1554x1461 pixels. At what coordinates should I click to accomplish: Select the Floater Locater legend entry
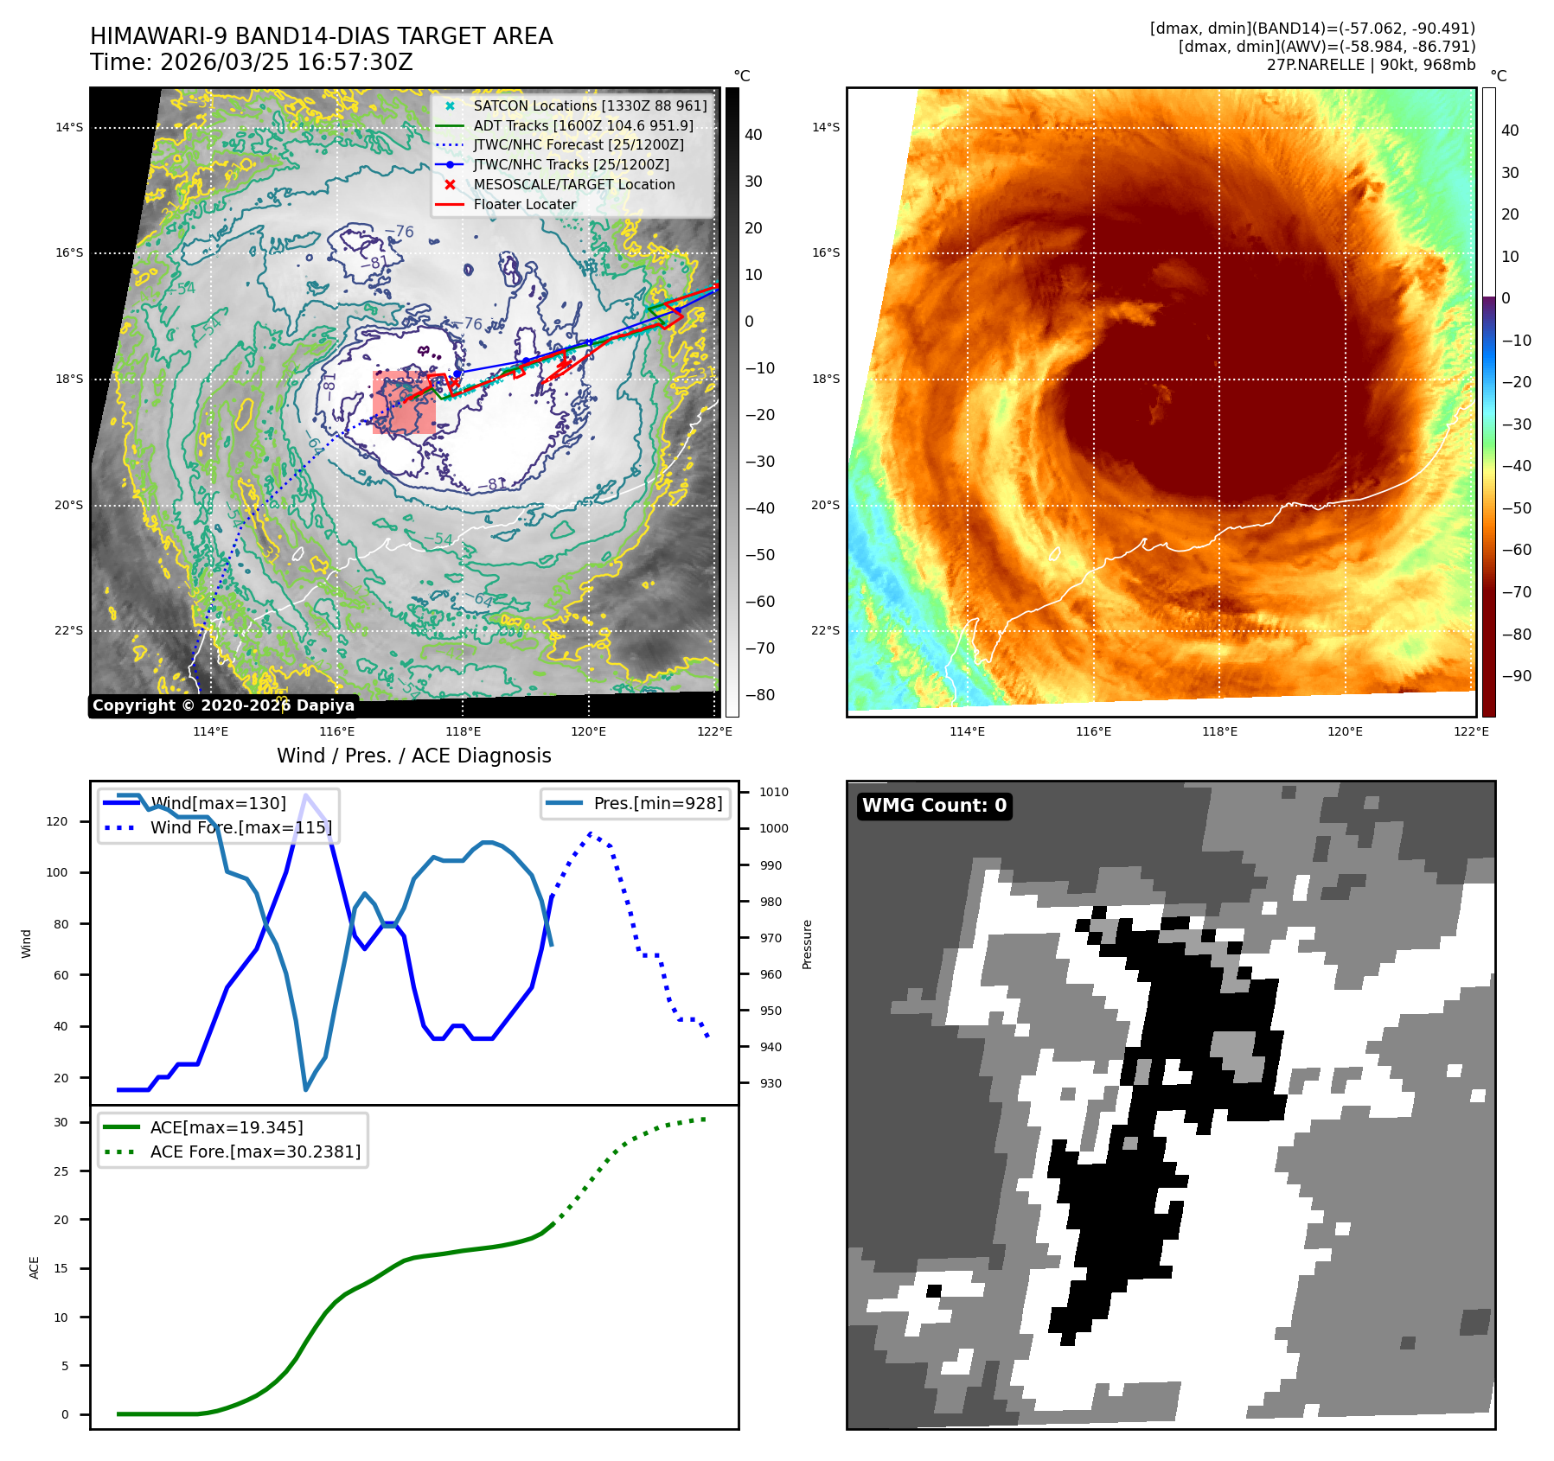(x=524, y=205)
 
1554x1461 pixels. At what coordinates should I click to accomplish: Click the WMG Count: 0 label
(x=934, y=806)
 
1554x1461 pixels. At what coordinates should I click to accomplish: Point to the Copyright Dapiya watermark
(x=223, y=705)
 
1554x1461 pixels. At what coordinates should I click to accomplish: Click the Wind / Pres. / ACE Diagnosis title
(x=413, y=756)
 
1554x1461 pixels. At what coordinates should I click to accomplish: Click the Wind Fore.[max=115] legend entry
(x=240, y=827)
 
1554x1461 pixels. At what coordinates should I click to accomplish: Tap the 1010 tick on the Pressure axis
(x=773, y=792)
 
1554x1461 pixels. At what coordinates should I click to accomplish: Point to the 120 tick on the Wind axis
(x=57, y=821)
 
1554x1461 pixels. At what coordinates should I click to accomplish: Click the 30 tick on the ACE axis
(x=61, y=1122)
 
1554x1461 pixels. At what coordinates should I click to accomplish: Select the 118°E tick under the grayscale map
(x=463, y=732)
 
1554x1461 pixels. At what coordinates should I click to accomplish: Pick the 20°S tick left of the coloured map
(x=825, y=505)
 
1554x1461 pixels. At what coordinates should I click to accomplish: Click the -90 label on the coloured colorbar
(x=1516, y=676)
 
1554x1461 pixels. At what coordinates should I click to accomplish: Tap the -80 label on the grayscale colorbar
(x=760, y=695)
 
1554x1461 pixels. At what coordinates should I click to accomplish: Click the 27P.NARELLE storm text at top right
(x=1371, y=65)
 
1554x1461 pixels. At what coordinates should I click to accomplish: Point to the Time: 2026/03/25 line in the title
(x=252, y=63)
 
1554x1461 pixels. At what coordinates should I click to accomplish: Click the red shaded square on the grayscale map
(x=404, y=403)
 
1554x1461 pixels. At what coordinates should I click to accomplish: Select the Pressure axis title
(x=807, y=944)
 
